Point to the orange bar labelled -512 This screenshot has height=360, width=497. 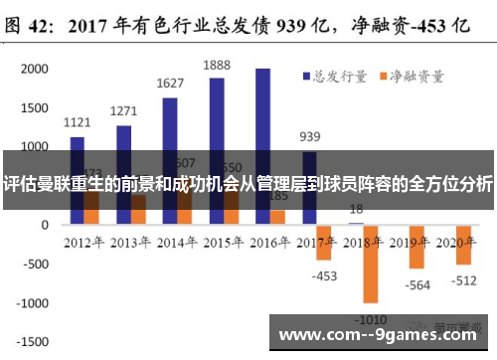pyautogui.click(x=463, y=244)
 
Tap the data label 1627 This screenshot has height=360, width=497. pyautogui.click(x=170, y=84)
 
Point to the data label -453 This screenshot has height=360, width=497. pyautogui.click(x=325, y=275)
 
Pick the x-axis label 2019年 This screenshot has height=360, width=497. pyautogui.click(x=412, y=242)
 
